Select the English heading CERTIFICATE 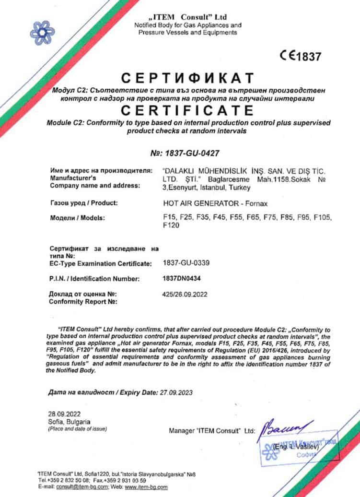(186, 110)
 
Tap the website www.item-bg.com (146, 487)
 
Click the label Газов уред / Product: (83, 202)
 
